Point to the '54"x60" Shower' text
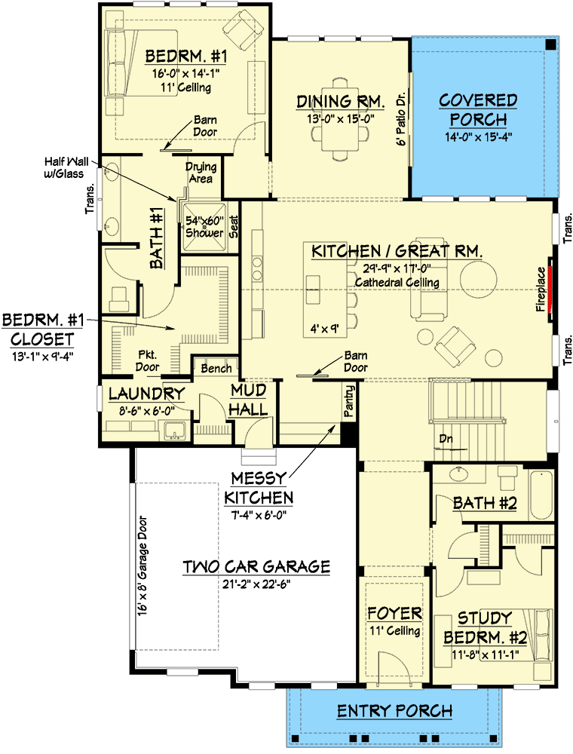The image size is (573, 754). point(205,227)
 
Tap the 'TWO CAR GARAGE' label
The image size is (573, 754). point(256,567)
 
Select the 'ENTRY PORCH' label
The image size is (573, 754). point(394,710)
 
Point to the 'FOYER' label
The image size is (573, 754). point(394,613)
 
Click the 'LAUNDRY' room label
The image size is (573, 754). point(146,394)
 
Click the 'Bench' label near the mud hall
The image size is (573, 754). point(216,369)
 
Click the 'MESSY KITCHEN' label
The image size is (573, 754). point(258,489)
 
